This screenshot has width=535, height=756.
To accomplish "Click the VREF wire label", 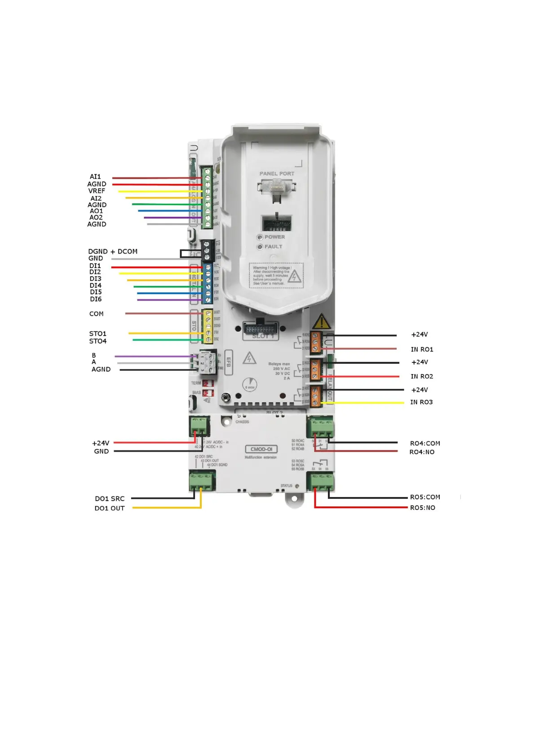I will tap(97, 191).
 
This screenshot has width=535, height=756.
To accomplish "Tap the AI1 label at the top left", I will tap(95, 177).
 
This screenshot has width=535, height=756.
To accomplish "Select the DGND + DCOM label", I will tap(113, 251).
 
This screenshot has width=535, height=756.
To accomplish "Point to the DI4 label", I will tap(96, 286).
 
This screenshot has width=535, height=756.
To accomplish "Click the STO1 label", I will tap(97, 334).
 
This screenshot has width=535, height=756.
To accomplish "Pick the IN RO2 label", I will tap(422, 376).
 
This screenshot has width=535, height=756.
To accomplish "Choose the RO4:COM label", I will tap(425, 443).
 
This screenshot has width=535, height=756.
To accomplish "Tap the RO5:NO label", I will tap(423, 508).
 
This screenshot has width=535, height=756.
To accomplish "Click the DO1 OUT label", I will tap(110, 508).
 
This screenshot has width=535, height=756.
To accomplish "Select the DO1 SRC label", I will tap(110, 498).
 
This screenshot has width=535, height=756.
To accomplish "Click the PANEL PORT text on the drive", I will tap(277, 174).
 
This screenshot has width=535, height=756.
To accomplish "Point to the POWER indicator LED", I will tap(260, 237).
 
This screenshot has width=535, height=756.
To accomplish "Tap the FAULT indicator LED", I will tap(260, 247).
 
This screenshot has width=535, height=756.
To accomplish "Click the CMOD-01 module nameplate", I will tap(261, 449).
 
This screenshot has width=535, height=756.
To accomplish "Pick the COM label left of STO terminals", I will tap(97, 314).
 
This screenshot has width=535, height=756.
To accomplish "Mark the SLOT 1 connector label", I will tap(263, 336).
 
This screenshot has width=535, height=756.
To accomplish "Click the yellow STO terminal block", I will tap(208, 326).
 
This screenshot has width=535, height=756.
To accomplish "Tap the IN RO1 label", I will tap(422, 349).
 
